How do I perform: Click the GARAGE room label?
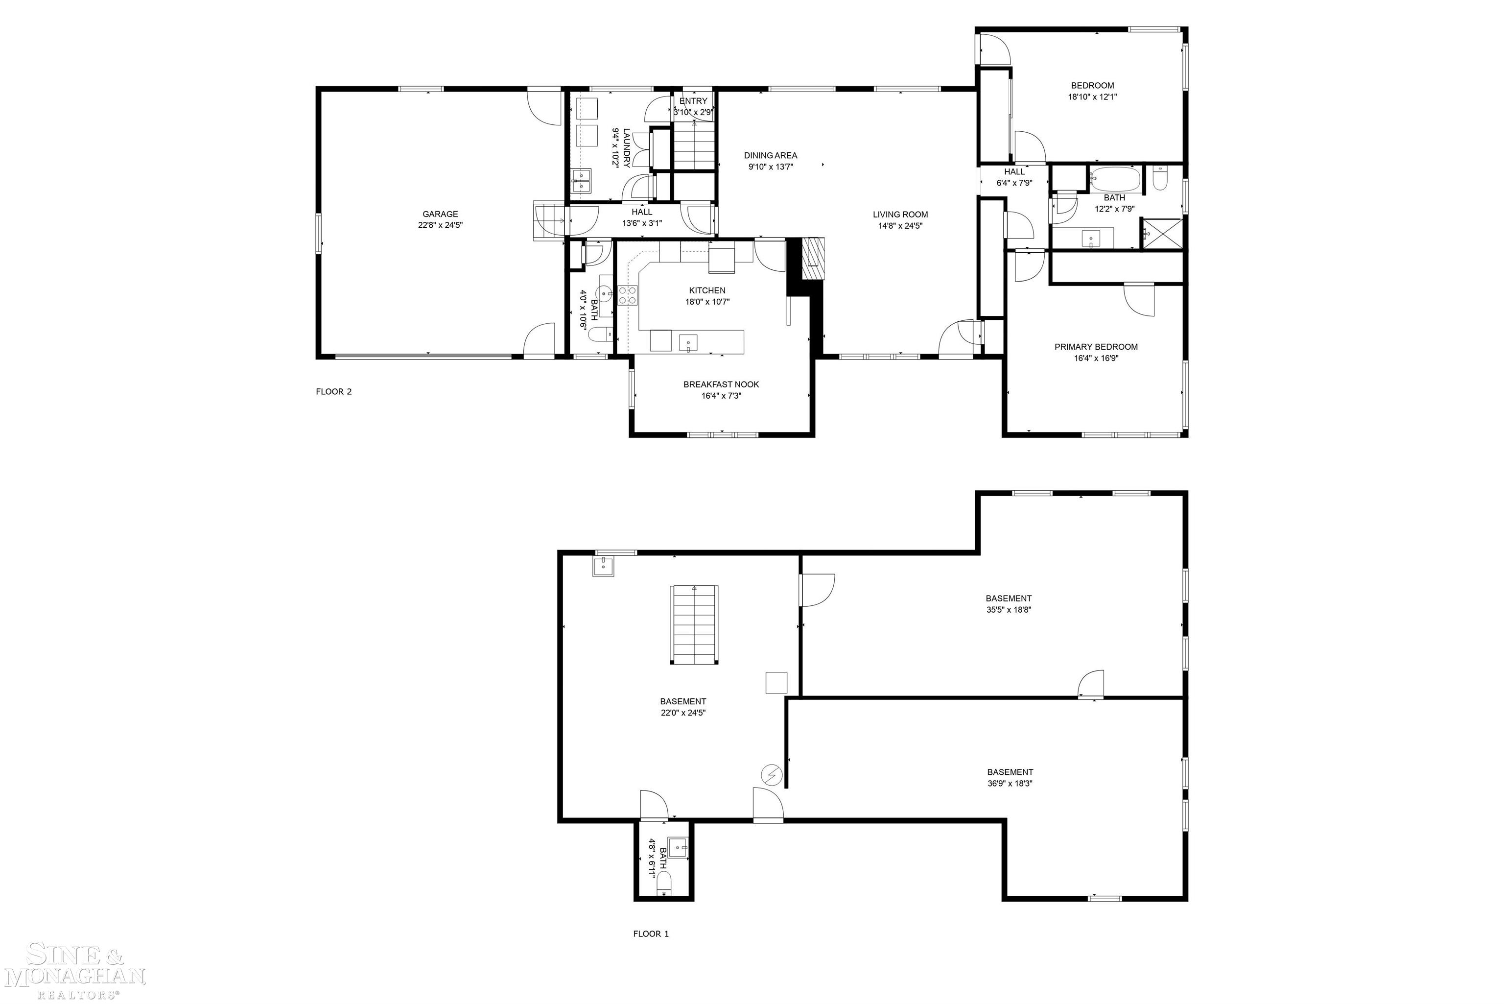(440, 215)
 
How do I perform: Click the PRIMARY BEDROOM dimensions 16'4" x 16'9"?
(1096, 359)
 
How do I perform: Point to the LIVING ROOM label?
(900, 215)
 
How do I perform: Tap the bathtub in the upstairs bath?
(1116, 179)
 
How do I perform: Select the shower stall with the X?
(1162, 234)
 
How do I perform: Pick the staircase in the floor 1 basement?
(694, 624)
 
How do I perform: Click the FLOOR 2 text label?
(333, 392)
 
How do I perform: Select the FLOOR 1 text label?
(651, 934)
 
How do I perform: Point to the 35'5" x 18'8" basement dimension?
(1008, 610)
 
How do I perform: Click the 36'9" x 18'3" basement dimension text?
(1010, 784)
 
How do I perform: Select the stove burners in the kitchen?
(627, 295)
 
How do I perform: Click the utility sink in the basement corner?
(603, 567)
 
